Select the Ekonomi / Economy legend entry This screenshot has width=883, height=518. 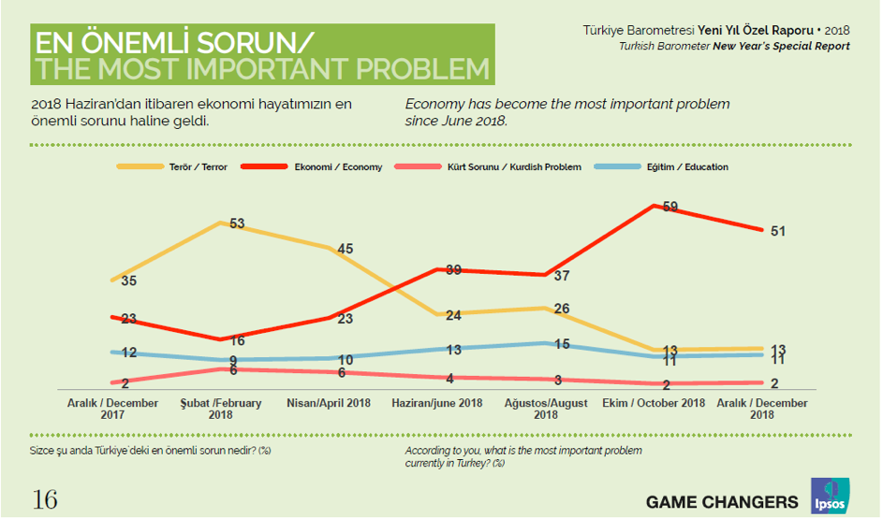tap(338, 167)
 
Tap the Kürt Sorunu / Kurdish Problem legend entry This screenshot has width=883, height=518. tap(516, 167)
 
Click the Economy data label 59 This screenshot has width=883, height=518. tap(670, 207)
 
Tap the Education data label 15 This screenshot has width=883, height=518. tap(560, 344)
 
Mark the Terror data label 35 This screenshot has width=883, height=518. tap(129, 281)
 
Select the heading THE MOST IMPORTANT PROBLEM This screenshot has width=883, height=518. tap(261, 69)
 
